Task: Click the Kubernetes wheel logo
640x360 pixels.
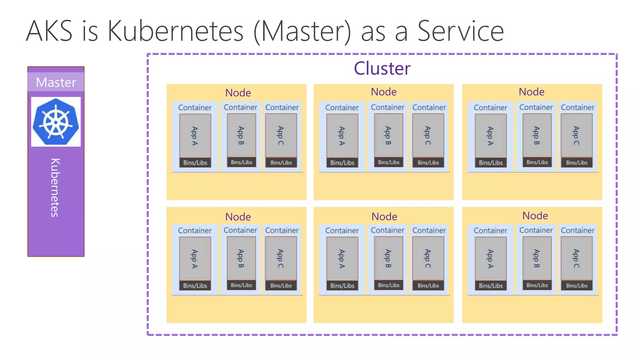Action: [x=56, y=122]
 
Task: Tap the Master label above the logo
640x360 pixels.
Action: [x=56, y=82]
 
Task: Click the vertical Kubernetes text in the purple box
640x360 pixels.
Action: [x=55, y=187]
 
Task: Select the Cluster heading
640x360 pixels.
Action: [x=382, y=68]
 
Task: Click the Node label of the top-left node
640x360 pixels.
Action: [x=238, y=93]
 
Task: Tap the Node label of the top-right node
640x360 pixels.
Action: [x=531, y=92]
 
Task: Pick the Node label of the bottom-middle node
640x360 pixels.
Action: [x=384, y=216]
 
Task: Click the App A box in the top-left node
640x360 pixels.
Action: [x=195, y=136]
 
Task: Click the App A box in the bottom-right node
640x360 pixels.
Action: [x=491, y=258]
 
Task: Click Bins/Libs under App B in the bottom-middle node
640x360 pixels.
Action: [x=388, y=285]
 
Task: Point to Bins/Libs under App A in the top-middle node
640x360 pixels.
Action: [x=342, y=162]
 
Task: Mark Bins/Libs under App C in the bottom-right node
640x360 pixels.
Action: [x=577, y=285]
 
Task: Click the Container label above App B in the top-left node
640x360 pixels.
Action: [x=240, y=107]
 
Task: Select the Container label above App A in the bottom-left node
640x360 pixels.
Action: [x=195, y=230]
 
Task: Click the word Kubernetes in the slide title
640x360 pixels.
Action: [x=175, y=31]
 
